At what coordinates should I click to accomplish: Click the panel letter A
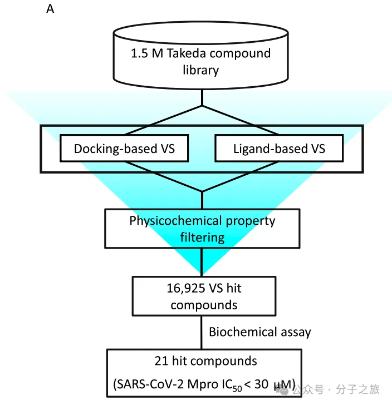[50, 9]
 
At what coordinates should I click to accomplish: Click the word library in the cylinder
[200, 70]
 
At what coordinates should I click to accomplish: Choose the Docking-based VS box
[124, 149]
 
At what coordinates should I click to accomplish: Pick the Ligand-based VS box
[278, 149]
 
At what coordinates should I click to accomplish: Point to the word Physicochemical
[174, 220]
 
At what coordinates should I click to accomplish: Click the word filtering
[202, 237]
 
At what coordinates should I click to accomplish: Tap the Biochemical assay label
[259, 332]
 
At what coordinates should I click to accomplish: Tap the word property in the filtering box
[249, 220]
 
